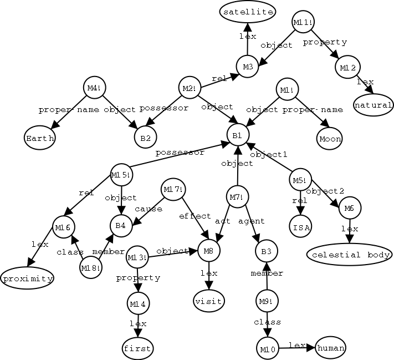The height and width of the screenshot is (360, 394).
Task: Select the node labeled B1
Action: tap(237, 135)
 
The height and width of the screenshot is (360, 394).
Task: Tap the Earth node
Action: tap(39, 138)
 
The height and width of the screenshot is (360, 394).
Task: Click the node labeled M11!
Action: tap(303, 22)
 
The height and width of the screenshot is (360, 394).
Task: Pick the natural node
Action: tap(373, 104)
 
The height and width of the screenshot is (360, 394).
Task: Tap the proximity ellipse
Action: tap(27, 278)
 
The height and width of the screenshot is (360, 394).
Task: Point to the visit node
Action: tap(208, 301)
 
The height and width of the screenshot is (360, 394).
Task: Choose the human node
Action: tap(330, 348)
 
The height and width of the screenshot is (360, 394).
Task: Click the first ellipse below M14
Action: tap(137, 348)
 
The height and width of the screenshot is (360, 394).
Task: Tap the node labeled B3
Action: tap(266, 251)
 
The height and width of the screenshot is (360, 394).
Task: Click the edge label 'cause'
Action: tap(149, 209)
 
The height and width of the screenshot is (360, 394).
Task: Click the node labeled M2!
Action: tap(189, 88)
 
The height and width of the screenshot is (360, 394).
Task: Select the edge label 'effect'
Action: tap(194, 216)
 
